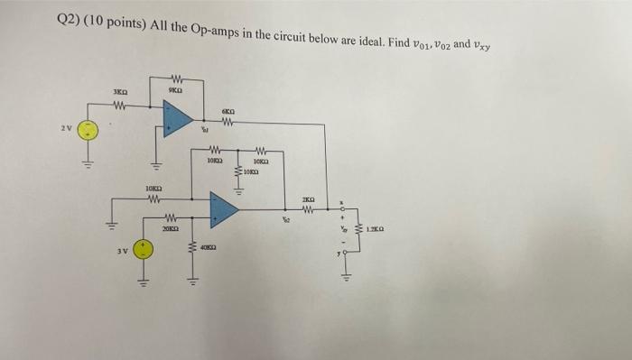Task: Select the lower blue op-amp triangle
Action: pyautogui.click(x=222, y=209)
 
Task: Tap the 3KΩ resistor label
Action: pyautogui.click(x=119, y=92)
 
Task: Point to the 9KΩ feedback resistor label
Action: pyautogui.click(x=176, y=89)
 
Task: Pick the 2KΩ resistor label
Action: pyautogui.click(x=308, y=198)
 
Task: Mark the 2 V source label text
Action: pyautogui.click(x=66, y=128)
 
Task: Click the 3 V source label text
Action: pyautogui.click(x=123, y=250)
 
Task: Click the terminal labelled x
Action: pyautogui.click(x=341, y=204)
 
